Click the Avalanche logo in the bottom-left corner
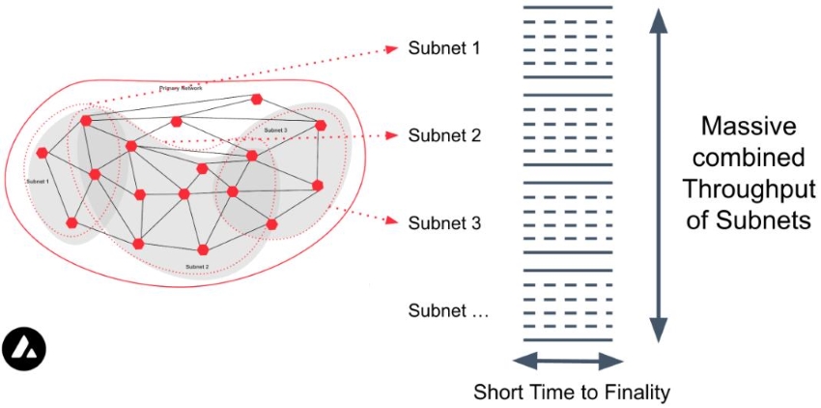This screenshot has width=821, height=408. (x=24, y=349)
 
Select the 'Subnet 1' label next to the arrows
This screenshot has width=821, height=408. (x=444, y=47)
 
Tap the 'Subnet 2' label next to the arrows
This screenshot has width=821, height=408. (x=444, y=135)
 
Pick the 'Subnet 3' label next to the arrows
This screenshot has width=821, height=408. (x=444, y=222)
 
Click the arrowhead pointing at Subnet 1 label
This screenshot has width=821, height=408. (x=391, y=47)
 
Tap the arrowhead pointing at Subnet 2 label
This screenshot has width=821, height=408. (x=391, y=136)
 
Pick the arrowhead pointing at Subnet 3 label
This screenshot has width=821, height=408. (x=391, y=220)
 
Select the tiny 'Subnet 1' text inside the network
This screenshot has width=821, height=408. (x=41, y=181)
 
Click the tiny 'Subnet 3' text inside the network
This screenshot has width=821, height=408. (x=275, y=130)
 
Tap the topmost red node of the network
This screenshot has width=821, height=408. (x=257, y=99)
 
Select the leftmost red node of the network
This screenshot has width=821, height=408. (x=42, y=153)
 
